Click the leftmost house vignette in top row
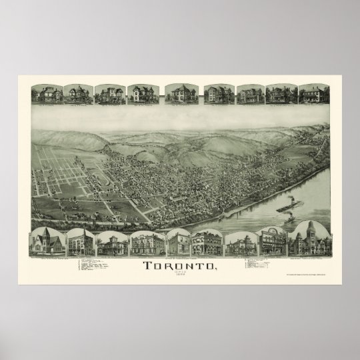(46, 94)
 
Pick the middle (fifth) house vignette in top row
(178, 94)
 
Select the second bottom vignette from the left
(79, 243)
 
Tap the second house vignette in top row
(77, 94)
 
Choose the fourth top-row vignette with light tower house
(142, 94)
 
